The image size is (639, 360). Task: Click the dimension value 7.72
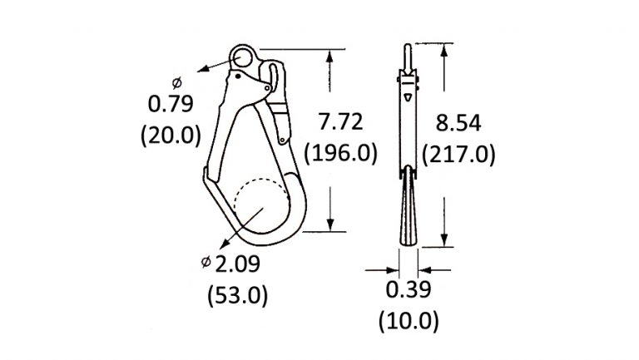tap(341, 121)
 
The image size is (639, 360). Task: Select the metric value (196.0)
tap(341, 153)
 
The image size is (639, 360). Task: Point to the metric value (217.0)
tap(458, 155)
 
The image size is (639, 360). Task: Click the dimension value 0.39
tap(409, 289)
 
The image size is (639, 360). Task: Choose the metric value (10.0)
tap(409, 321)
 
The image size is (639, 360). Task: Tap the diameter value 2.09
tap(239, 264)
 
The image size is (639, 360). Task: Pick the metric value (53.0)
tap(237, 295)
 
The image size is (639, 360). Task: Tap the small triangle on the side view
tap(408, 97)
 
